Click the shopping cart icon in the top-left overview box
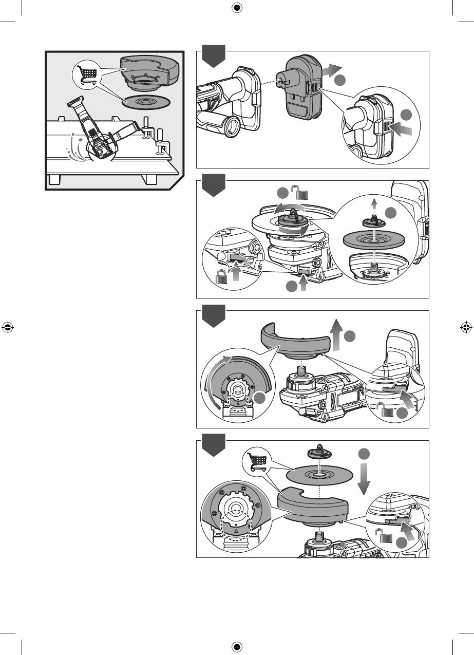click(86, 73)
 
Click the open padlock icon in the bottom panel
click(386, 538)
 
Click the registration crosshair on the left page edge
click(8, 327)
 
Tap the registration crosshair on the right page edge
click(466, 327)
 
